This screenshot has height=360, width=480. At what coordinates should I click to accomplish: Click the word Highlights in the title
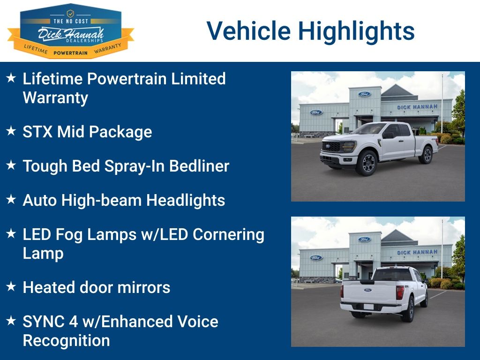(x=356, y=31)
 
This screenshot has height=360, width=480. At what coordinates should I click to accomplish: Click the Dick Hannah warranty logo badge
(x=70, y=31)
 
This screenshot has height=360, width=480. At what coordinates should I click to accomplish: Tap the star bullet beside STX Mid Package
(x=11, y=131)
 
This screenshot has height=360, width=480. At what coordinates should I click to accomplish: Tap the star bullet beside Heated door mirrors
(x=11, y=286)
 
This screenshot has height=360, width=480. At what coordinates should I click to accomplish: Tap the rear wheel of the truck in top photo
(x=426, y=154)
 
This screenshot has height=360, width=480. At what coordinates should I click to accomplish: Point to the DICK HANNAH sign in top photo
(x=417, y=107)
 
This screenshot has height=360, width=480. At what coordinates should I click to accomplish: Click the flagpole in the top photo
(x=442, y=103)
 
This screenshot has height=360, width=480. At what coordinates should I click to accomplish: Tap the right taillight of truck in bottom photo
(x=400, y=292)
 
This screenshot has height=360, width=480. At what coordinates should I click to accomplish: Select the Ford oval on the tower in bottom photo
(x=364, y=240)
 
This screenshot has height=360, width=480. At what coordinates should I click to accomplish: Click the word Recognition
(x=66, y=340)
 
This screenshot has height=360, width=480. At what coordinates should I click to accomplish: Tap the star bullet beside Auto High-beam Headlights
(x=11, y=199)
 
